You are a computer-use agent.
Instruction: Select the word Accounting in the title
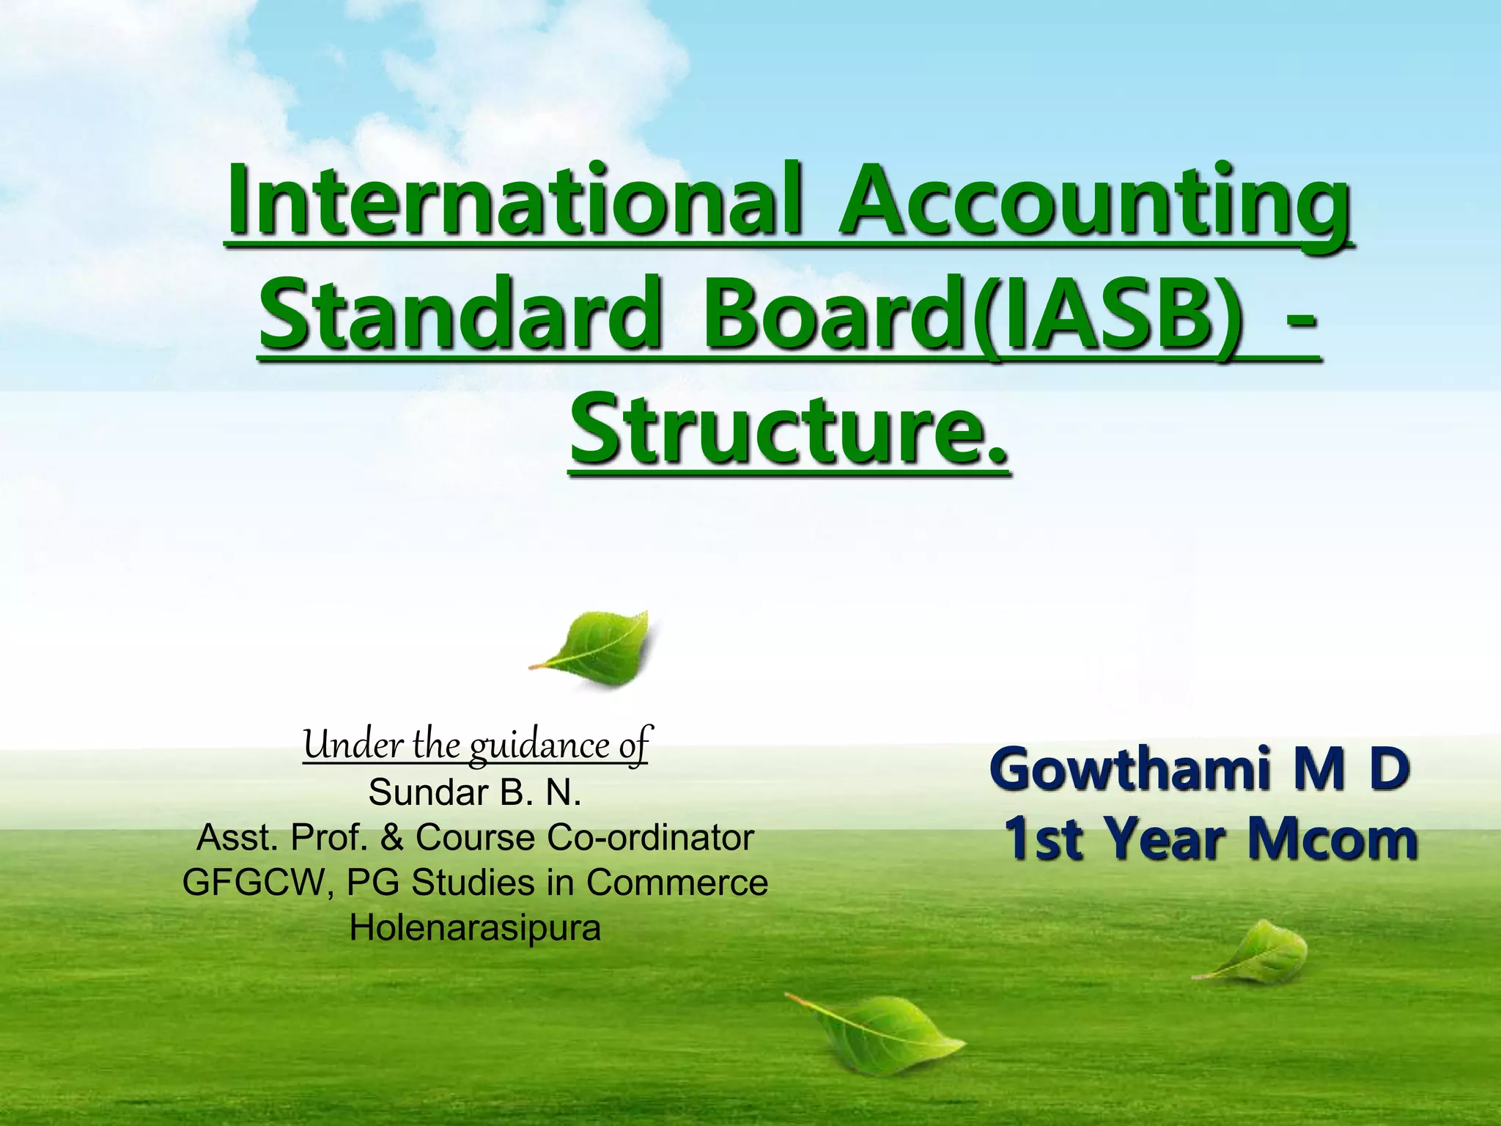(x=1095, y=199)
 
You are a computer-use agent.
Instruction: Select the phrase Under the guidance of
(x=476, y=746)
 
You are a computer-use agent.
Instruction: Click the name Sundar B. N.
(x=475, y=792)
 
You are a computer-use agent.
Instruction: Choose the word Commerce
(x=676, y=883)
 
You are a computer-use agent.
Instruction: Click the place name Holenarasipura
(x=475, y=928)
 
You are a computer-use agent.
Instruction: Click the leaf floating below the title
(x=594, y=649)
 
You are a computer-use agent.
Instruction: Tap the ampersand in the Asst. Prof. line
(x=392, y=838)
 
